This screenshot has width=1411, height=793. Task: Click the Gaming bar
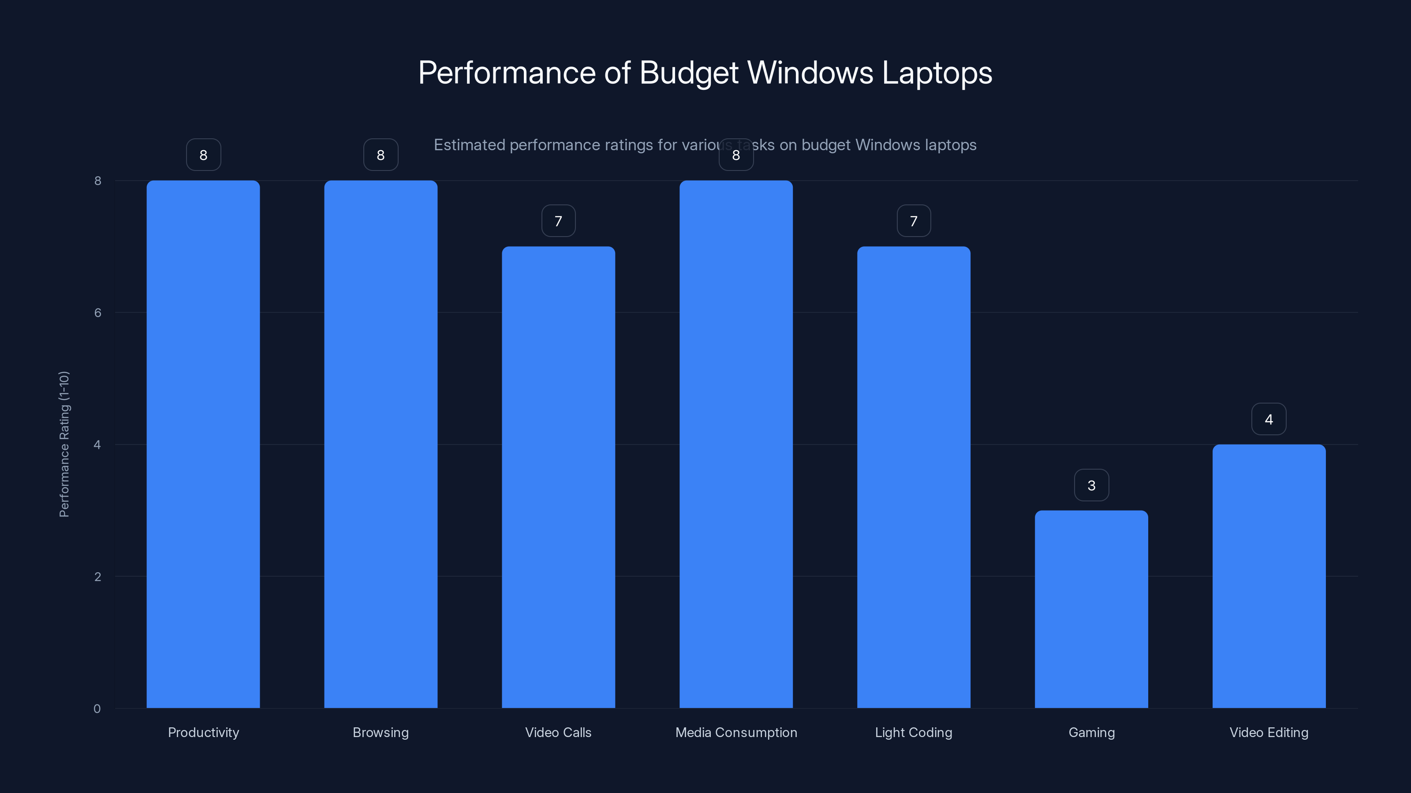point(1091,609)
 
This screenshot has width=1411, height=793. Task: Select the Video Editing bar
point(1269,576)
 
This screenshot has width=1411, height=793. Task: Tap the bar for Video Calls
point(558,477)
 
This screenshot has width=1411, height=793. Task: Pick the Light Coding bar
point(913,477)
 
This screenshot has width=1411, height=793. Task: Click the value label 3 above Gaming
point(1091,485)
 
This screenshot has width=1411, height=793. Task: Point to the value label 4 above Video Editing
point(1269,419)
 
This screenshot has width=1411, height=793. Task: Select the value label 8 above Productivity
point(203,155)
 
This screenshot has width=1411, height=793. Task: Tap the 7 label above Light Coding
point(913,221)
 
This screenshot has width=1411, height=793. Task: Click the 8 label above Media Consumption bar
point(735,155)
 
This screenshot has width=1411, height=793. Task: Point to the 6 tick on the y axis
point(97,312)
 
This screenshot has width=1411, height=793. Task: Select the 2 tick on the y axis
point(97,576)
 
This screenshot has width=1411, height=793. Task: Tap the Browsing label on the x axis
point(381,732)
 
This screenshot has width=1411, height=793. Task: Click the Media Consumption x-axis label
point(735,732)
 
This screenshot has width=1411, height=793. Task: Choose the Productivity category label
point(203,732)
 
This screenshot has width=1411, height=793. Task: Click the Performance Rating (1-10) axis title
point(64,444)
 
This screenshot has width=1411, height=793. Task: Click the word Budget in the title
point(688,73)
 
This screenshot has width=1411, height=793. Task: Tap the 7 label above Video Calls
point(558,221)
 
